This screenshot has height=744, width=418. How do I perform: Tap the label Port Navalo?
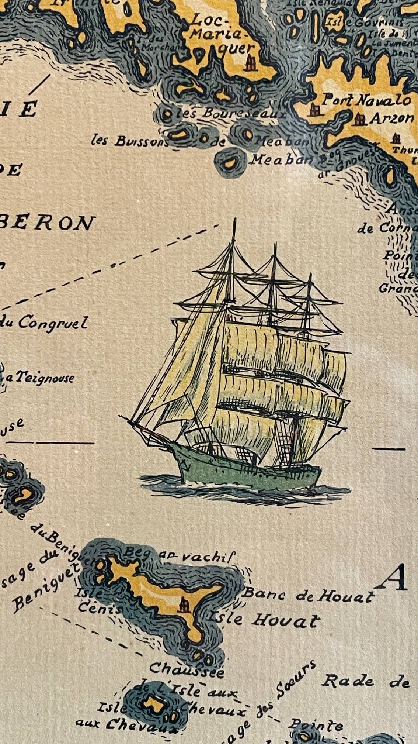(366, 100)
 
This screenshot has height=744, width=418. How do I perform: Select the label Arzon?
(391, 118)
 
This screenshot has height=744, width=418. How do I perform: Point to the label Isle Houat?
(264, 619)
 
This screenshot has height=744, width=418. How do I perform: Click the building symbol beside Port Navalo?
(314, 110)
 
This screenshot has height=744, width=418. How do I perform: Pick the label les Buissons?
(130, 141)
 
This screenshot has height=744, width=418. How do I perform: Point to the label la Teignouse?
(41, 377)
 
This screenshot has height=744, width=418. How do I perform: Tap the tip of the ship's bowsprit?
(121, 416)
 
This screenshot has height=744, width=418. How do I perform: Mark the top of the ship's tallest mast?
(234, 219)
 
